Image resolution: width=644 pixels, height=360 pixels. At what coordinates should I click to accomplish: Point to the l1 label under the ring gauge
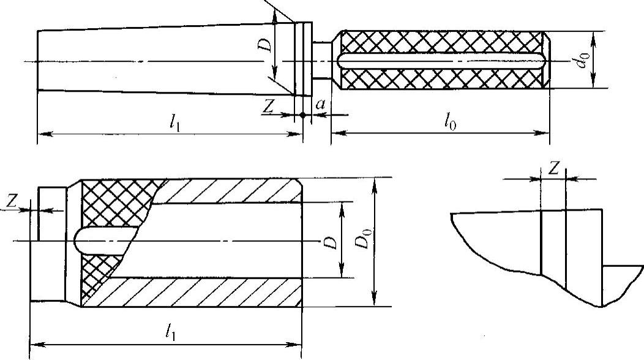[x=169, y=331]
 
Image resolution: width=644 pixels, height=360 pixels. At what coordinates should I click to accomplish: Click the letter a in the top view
[x=320, y=105]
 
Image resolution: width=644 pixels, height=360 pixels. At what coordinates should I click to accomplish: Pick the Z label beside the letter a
[x=268, y=105]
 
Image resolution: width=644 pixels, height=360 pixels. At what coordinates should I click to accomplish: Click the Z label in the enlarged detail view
[x=553, y=170]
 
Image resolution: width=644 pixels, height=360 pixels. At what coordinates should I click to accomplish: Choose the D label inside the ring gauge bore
[x=331, y=242]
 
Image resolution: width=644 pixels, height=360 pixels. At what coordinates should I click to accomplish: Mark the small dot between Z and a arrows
[x=302, y=114]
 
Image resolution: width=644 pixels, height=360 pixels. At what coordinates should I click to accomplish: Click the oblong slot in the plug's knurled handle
[x=441, y=61]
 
